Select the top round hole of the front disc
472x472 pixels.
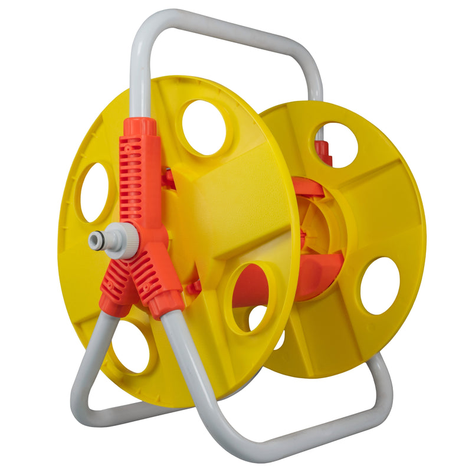coord(204,127)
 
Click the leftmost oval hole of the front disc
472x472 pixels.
coord(94,192)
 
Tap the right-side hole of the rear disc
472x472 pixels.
coord(380,286)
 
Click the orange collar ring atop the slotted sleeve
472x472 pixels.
coord(140,126)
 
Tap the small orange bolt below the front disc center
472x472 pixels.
coord(194,287)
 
